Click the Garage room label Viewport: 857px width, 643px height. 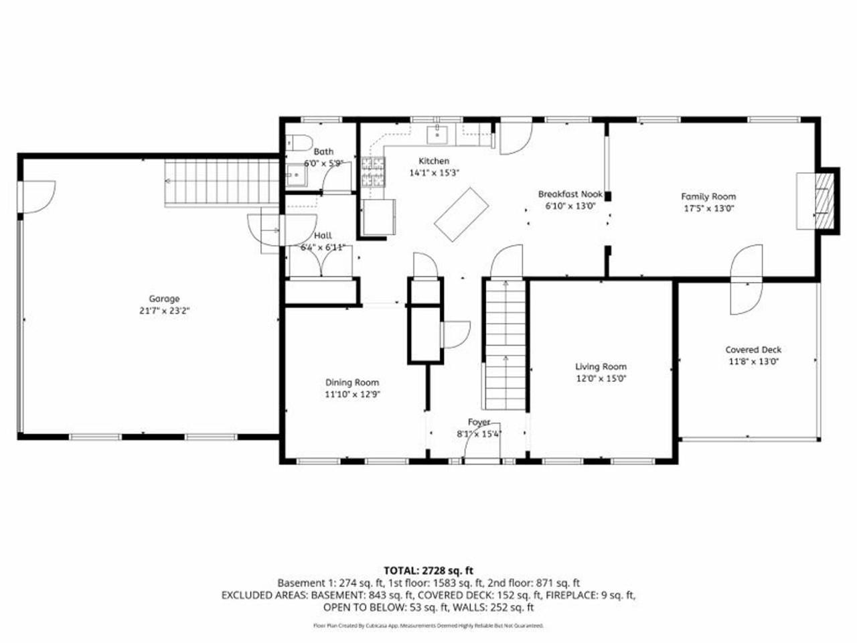click(164, 299)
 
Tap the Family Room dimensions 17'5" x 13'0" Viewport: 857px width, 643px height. click(708, 208)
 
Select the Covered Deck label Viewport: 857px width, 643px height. click(753, 350)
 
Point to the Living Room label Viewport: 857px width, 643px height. click(601, 366)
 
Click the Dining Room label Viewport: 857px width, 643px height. click(353, 382)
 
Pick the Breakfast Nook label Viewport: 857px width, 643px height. click(570, 194)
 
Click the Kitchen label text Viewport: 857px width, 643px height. click(434, 161)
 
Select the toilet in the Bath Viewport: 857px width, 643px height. click(298, 143)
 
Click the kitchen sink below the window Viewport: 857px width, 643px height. click(439, 134)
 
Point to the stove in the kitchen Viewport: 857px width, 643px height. click(374, 171)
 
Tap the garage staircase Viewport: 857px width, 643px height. click(221, 182)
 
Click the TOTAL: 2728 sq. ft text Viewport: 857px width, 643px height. click(428, 571)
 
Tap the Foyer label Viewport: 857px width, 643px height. click(479, 422)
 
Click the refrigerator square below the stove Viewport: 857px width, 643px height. click(377, 217)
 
